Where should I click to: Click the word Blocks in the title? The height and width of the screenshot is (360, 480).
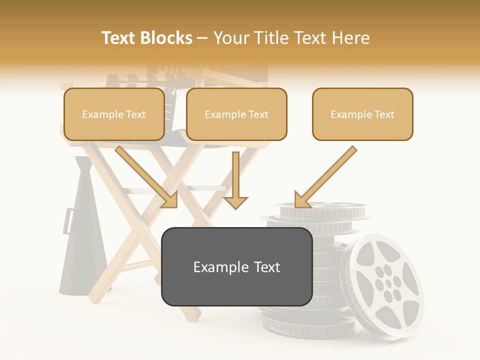tap(167, 38)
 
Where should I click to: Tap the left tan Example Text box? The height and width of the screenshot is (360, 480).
tap(114, 114)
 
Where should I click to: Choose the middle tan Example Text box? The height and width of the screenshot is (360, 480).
tap(236, 114)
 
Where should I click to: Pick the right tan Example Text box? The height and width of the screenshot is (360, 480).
tap(362, 114)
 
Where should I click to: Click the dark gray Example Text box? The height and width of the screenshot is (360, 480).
tap(236, 267)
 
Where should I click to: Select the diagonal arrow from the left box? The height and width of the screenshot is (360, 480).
tap(147, 177)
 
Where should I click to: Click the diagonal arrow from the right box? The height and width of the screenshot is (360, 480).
tap(325, 177)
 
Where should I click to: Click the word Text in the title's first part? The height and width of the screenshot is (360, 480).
tap(119, 38)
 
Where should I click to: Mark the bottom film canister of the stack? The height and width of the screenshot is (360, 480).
tap(290, 327)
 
